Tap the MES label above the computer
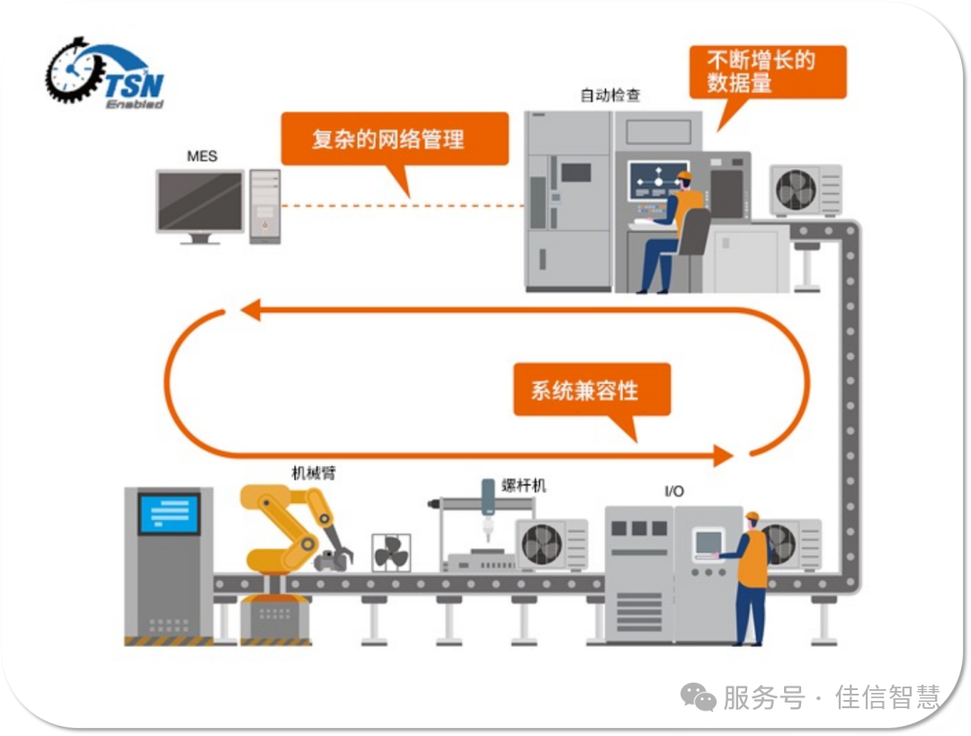click(201, 157)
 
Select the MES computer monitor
click(200, 202)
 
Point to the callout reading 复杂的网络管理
click(388, 139)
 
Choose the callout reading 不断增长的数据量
click(766, 72)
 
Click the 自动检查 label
click(610, 94)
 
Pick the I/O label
click(673, 491)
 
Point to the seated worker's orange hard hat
click(684, 176)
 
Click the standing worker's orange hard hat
click(752, 516)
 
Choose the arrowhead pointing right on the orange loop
click(724, 455)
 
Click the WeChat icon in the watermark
click(698, 696)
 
